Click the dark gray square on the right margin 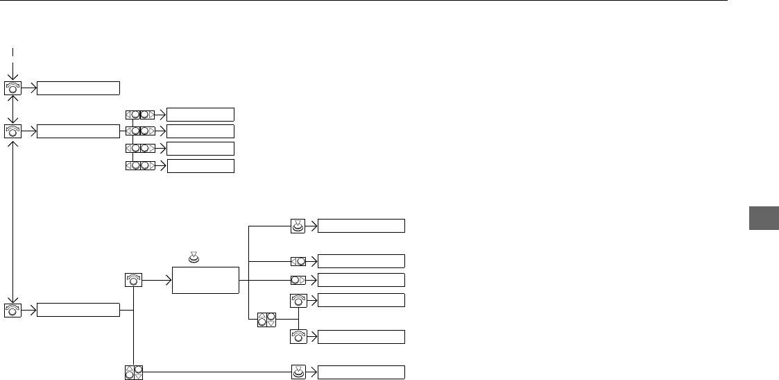pyautogui.click(x=760, y=218)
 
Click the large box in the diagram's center pyautogui.click(x=207, y=279)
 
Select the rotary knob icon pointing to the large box pyautogui.click(x=133, y=279)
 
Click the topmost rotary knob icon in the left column pyautogui.click(x=13, y=88)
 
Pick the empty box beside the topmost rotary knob pyautogui.click(x=78, y=88)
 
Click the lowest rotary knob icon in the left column pyautogui.click(x=13, y=310)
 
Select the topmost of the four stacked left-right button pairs pyautogui.click(x=140, y=114)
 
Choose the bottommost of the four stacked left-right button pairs pyautogui.click(x=140, y=165)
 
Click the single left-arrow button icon pyautogui.click(x=298, y=261)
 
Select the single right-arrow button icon pyautogui.click(x=298, y=280)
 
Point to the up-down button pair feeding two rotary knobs pyautogui.click(x=266, y=320)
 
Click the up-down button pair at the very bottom pyautogui.click(x=133, y=372)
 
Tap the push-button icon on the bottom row pyautogui.click(x=298, y=372)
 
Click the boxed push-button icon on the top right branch pyautogui.click(x=298, y=225)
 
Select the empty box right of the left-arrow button pyautogui.click(x=361, y=261)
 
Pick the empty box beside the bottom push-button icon pyautogui.click(x=361, y=372)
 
